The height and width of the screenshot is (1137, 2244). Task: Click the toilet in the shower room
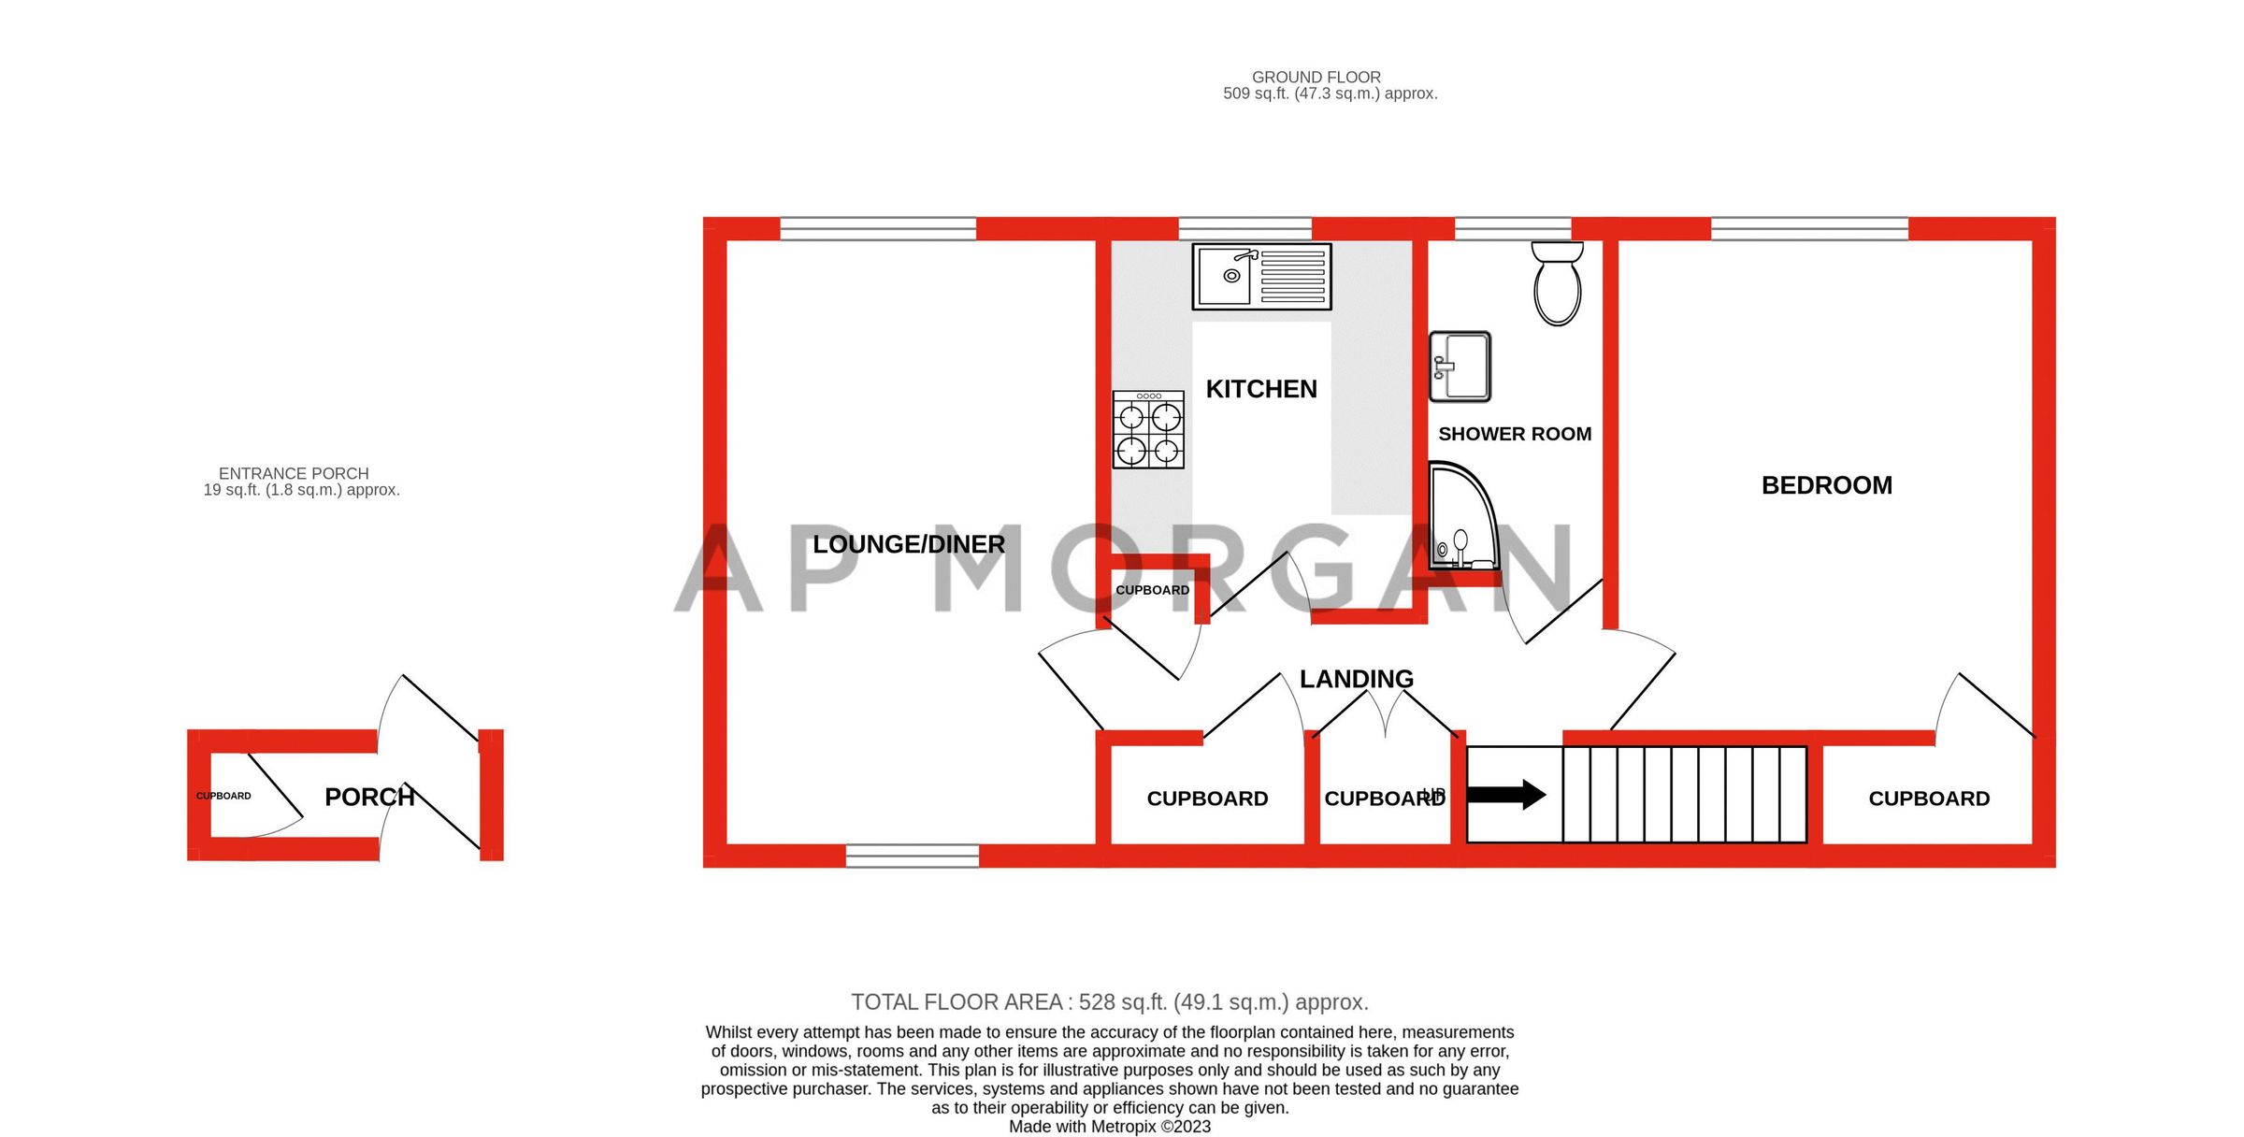[1557, 283]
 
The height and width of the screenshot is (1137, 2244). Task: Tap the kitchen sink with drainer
[1260, 277]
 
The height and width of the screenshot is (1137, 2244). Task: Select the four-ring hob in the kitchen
[1148, 430]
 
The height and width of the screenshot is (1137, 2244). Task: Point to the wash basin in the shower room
[1460, 367]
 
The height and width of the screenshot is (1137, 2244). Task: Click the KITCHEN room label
[1260, 389]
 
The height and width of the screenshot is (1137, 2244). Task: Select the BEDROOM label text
[1826, 485]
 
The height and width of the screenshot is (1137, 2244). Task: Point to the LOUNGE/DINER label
[908, 544]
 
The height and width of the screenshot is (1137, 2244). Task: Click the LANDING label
[1356, 679]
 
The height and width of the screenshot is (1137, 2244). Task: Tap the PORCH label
[369, 797]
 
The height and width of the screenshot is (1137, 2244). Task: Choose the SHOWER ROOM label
[1514, 434]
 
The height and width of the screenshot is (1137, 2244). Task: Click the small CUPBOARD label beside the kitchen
[1152, 590]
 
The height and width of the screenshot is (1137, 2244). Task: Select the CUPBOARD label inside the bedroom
[1928, 799]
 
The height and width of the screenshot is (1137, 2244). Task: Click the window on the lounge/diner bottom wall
[912, 856]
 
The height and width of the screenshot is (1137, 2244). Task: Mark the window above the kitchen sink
[1244, 228]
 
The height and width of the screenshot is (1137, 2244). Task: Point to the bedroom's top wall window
[1808, 228]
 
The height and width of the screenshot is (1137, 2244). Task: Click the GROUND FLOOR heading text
[1316, 78]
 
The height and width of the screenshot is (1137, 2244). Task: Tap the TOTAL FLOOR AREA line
[1109, 1002]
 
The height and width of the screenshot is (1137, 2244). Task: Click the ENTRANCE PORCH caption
[294, 474]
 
